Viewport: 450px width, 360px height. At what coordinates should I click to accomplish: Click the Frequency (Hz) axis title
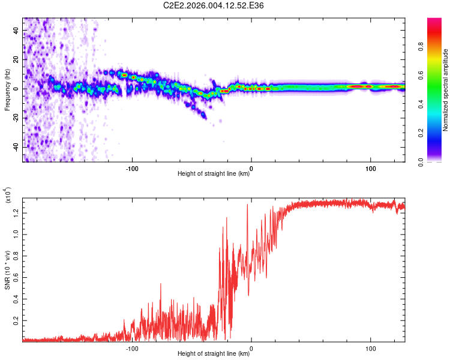[7, 89]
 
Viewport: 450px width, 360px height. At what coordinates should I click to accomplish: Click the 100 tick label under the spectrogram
[371, 168]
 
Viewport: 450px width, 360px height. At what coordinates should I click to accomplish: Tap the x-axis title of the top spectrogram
[214, 175]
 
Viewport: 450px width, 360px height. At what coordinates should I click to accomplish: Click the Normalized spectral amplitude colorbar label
[445, 90]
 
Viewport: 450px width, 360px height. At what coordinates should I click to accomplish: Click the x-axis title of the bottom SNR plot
[214, 355]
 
